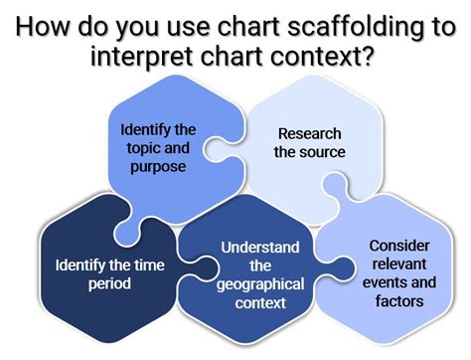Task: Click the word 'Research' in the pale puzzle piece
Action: point(310,132)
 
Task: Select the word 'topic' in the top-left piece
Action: point(144,148)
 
